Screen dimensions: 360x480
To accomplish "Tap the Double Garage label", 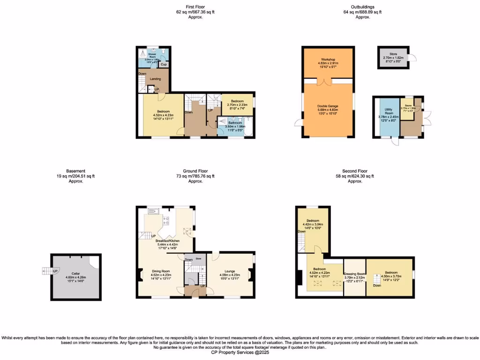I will click(328, 106).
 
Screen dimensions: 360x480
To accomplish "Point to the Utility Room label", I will click(388, 114).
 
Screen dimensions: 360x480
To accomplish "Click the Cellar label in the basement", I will click(76, 273).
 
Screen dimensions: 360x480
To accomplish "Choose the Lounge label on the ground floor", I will click(230, 271).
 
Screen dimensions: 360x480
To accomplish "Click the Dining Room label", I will click(160, 271).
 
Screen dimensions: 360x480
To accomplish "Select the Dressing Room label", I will click(354, 274).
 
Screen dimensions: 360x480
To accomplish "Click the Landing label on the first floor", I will click(155, 79).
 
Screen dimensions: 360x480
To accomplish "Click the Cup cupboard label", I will click(164, 64).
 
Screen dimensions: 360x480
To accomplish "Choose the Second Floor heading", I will click(355, 172).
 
